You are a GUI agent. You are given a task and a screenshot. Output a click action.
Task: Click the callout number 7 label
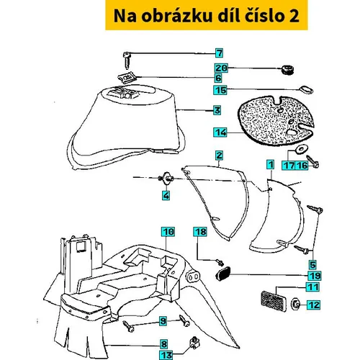tap(219, 53)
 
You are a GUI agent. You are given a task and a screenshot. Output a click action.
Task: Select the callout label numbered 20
tap(221, 68)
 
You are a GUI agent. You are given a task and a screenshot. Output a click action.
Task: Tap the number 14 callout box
tap(220, 132)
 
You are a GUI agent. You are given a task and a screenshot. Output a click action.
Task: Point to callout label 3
tap(217, 110)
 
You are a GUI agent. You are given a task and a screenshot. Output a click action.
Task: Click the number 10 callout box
tap(168, 232)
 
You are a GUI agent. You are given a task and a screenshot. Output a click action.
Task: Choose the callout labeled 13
tap(166, 355)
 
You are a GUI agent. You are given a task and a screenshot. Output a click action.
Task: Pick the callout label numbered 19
tap(315, 276)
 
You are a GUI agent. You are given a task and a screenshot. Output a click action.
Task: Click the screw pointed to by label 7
tap(127, 60)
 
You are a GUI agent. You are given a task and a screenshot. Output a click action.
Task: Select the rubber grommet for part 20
tap(287, 70)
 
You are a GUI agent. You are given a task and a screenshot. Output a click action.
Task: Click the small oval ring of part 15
tap(306, 89)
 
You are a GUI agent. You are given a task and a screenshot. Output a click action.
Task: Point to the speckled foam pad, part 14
tap(276, 120)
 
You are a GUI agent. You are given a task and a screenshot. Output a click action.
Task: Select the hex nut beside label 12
tap(296, 305)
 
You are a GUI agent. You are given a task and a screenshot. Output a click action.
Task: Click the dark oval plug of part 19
tap(223, 274)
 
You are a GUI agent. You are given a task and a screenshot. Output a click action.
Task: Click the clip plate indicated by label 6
tap(127, 78)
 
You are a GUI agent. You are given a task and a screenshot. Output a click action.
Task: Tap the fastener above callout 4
tap(166, 179)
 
